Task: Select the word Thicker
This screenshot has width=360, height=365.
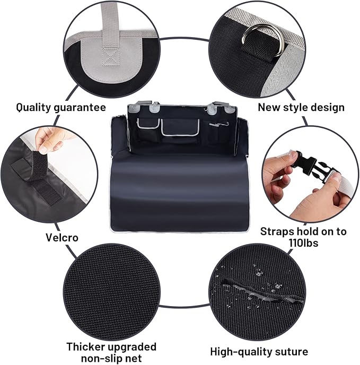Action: [87, 347]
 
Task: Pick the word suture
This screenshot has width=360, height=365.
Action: [289, 351]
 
